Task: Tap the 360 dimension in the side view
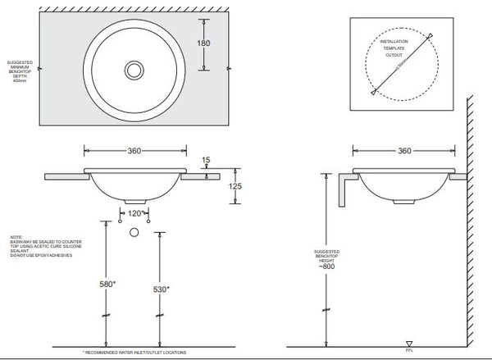point(403,152)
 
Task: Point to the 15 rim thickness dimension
point(206,160)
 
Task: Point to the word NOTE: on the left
point(17,237)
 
